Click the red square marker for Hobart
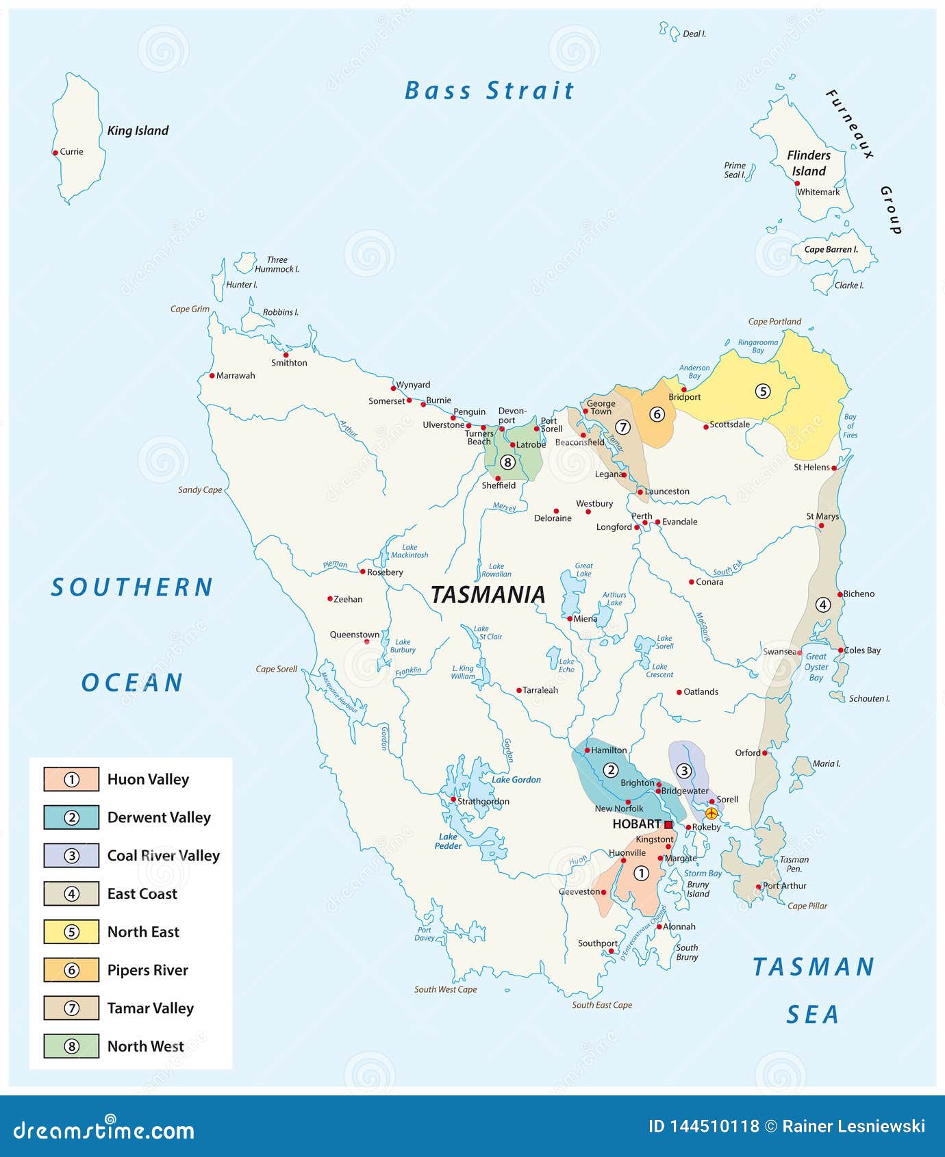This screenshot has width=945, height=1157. [x=668, y=824]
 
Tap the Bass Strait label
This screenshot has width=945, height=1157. [x=489, y=90]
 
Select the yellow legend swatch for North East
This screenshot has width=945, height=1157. [x=71, y=932]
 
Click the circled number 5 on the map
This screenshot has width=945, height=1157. [x=762, y=391]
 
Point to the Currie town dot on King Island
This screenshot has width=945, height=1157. [x=55, y=153]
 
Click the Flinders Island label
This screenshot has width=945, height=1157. [x=809, y=163]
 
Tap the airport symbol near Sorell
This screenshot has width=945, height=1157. [x=711, y=813]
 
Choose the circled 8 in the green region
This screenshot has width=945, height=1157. [x=507, y=462]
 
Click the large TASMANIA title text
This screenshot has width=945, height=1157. [x=488, y=594]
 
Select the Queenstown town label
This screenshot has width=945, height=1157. [x=354, y=635]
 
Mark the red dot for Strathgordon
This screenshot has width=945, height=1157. [x=453, y=799]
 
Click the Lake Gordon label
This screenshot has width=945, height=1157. [x=516, y=780]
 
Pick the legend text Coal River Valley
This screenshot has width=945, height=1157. [x=163, y=856]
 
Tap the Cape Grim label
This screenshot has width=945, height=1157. [x=190, y=309]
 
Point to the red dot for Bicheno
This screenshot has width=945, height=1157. [x=840, y=594]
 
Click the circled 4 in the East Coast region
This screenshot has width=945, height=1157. [x=822, y=605]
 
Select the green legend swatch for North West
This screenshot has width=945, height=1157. [x=71, y=1046]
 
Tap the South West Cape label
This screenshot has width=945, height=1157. [x=445, y=989]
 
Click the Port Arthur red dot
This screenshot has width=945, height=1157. [x=758, y=887]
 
